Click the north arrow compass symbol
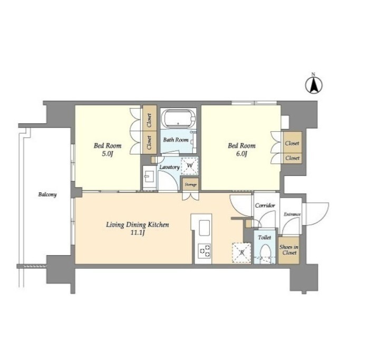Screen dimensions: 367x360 (x=314, y=84)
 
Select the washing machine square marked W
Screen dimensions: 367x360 (x=190, y=166)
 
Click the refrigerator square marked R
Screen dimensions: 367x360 (x=242, y=253)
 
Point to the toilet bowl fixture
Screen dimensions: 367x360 (x=265, y=252)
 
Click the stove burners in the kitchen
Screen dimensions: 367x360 (x=205, y=251)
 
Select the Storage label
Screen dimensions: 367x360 (x=190, y=184)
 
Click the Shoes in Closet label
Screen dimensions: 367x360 (x=289, y=250)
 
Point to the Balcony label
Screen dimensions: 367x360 (x=47, y=194)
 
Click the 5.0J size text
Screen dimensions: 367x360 (x=108, y=154)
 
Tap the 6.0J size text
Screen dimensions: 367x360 (x=242, y=154)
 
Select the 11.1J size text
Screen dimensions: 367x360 (x=138, y=233)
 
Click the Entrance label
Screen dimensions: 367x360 (x=292, y=215)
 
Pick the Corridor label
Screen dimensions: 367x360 (x=265, y=206)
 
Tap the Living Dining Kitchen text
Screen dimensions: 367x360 (x=138, y=225)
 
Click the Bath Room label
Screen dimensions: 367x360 (x=176, y=140)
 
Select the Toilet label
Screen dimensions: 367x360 (x=265, y=237)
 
